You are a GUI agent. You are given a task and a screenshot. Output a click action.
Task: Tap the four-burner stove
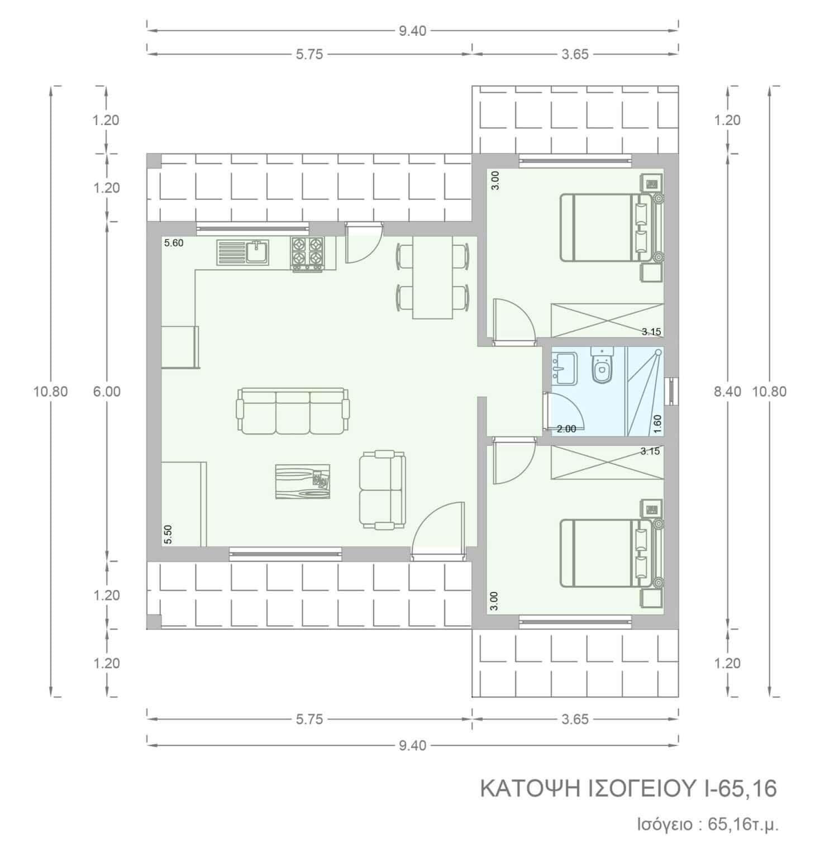[x=307, y=255]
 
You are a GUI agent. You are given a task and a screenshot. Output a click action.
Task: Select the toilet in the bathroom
[x=602, y=367]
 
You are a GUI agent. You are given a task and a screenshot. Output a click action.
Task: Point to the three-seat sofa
[x=294, y=411]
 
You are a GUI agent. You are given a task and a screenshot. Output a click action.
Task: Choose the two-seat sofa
[x=381, y=489]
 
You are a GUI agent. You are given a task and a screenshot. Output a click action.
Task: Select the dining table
[x=432, y=277]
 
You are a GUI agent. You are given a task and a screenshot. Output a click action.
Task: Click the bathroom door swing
[x=564, y=411]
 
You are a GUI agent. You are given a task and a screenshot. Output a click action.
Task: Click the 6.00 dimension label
[x=107, y=392]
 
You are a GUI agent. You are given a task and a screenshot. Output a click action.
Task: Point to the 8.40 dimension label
[x=728, y=392]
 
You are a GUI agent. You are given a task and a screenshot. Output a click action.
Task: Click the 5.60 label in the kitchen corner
[x=174, y=243]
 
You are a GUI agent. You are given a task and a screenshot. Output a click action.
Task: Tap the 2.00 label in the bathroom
[x=566, y=429]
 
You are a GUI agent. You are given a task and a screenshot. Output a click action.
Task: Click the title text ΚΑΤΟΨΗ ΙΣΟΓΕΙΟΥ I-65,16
[x=628, y=789]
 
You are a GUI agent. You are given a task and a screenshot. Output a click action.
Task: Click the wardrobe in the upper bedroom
[x=608, y=321]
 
